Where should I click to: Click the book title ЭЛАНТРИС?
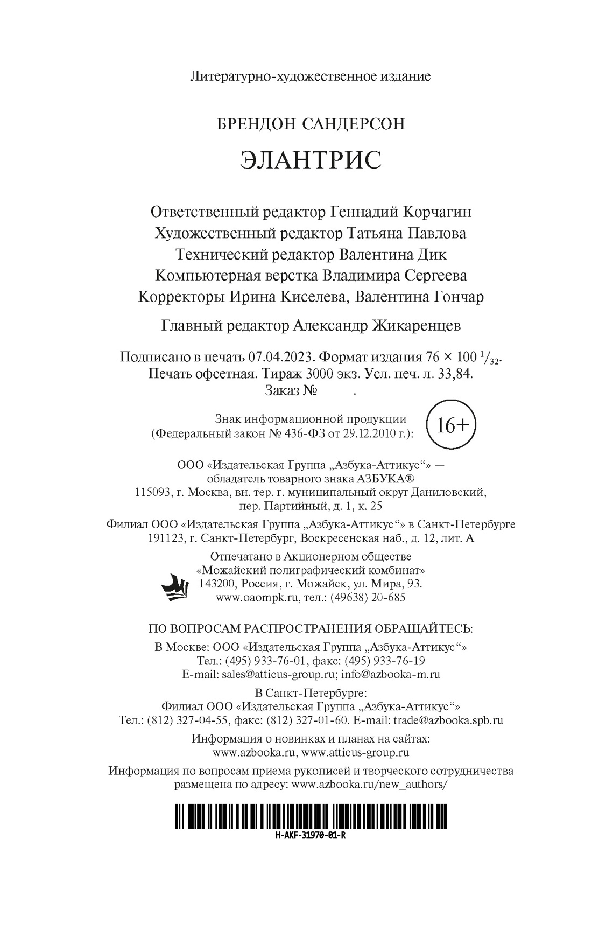(x=311, y=160)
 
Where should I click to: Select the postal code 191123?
(x=166, y=538)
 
